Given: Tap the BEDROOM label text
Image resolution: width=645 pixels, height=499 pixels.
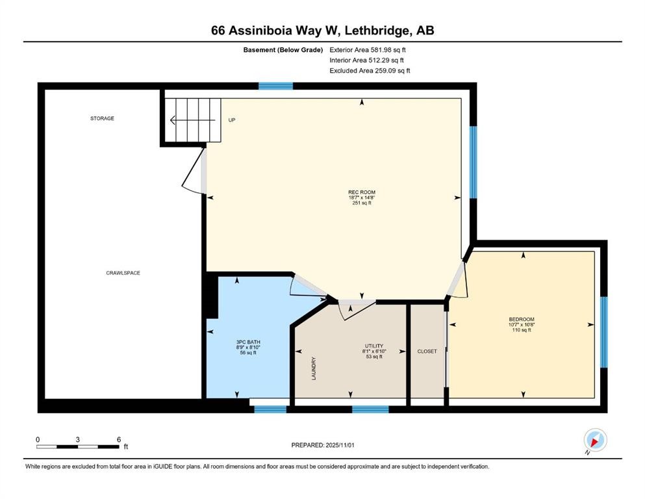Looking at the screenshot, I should click(x=521, y=319).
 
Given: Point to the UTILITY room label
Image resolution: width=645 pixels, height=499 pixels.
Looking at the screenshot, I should click(x=373, y=346).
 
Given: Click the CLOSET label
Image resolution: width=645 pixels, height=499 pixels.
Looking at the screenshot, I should click(x=427, y=352).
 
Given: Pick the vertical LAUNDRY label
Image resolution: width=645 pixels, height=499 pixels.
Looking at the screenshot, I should click(x=314, y=368).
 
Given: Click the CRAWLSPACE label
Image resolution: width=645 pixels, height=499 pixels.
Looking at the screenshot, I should click(x=123, y=273).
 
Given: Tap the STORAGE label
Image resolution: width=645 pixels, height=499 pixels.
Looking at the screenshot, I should click(x=102, y=118).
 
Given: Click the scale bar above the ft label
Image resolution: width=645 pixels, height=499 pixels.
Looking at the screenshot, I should click(x=78, y=446).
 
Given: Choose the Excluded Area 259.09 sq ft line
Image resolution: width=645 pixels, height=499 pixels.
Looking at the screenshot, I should click(x=370, y=71).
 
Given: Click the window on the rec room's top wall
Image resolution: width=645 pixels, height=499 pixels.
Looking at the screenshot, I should click(x=275, y=86).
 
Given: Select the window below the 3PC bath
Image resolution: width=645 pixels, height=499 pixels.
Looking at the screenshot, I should click(x=270, y=409).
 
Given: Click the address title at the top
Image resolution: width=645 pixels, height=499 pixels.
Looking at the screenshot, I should click(x=322, y=31).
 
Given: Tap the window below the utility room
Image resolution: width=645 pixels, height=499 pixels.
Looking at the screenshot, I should click(x=370, y=409).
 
